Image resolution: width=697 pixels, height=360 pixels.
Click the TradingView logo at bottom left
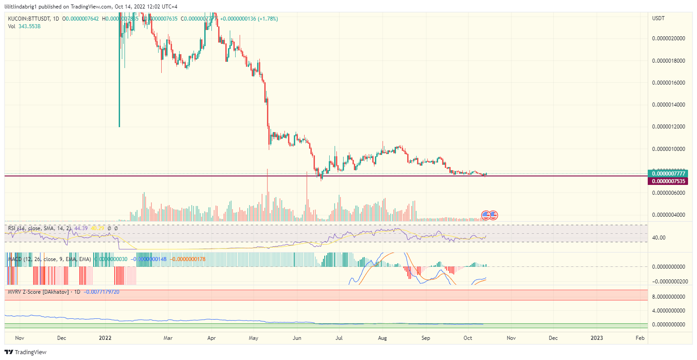pyautogui.click(x=26, y=352)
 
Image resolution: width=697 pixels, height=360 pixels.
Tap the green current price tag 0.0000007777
pyautogui.click(x=668, y=173)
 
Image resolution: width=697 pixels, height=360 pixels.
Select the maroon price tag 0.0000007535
pyautogui.click(x=668, y=181)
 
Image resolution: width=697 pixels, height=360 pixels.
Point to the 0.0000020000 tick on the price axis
pyautogui.click(x=668, y=39)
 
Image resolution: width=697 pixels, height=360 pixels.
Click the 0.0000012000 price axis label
pyautogui.click(x=668, y=127)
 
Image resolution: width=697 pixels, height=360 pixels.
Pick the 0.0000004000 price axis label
pyautogui.click(x=668, y=215)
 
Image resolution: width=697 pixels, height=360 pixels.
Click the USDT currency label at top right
pyautogui.click(x=658, y=18)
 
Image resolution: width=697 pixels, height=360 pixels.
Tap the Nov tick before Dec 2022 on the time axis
pyautogui.click(x=511, y=338)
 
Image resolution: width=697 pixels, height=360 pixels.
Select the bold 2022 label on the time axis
pyautogui.click(x=105, y=338)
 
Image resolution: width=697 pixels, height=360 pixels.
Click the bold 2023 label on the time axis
pyautogui.click(x=596, y=338)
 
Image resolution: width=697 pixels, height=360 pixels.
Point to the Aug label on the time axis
pyautogui.click(x=383, y=338)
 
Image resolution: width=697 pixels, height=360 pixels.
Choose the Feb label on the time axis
pyautogui.click(x=640, y=338)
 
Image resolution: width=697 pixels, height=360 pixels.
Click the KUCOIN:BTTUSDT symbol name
pyautogui.click(x=28, y=19)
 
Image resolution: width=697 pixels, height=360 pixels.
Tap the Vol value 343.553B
pyautogui.click(x=30, y=26)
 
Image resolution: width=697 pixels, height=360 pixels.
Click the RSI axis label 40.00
pyautogui.click(x=659, y=238)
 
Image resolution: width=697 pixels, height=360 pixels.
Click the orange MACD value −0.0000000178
pyautogui.click(x=188, y=259)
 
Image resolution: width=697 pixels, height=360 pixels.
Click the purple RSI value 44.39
pyautogui.click(x=81, y=228)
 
